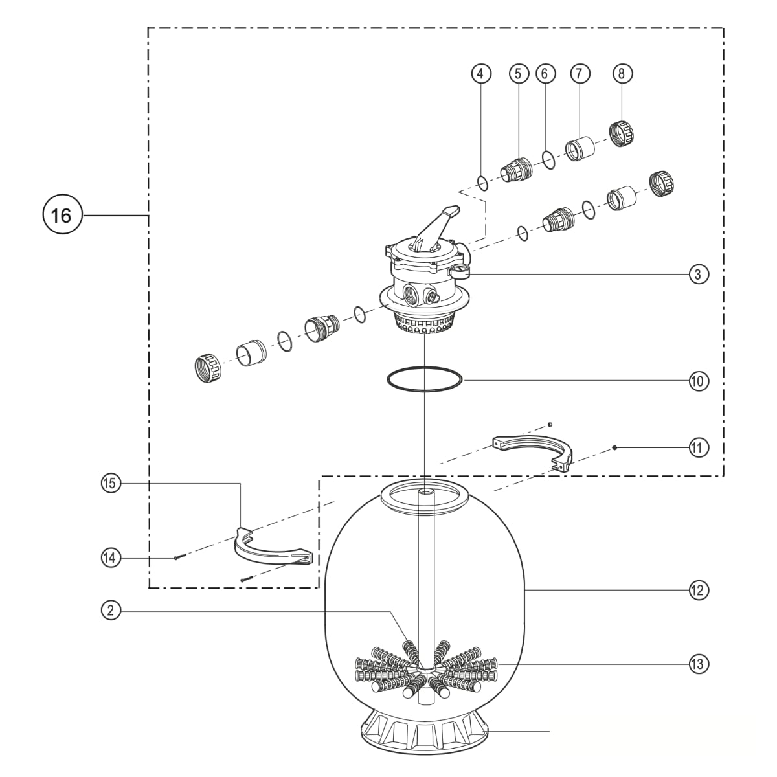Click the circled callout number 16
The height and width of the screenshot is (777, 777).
click(62, 215)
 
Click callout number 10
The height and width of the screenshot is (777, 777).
click(698, 381)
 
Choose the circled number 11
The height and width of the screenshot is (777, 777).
click(698, 447)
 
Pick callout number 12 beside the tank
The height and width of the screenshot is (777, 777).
click(698, 591)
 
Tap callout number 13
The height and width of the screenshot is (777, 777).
click(698, 664)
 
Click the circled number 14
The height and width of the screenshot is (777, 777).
click(111, 558)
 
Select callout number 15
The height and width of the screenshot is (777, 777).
click(111, 483)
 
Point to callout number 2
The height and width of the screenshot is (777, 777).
click(111, 611)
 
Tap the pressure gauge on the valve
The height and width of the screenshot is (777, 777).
click(459, 271)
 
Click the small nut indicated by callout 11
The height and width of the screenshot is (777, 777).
click(614, 447)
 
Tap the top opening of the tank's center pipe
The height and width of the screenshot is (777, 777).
click(425, 493)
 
